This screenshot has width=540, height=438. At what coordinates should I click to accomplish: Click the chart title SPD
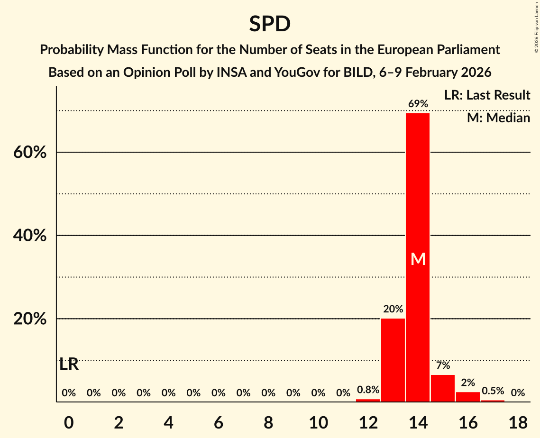tap(270, 24)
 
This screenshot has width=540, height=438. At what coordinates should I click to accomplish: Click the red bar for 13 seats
tap(393, 360)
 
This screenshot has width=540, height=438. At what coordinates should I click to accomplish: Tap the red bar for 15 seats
tap(443, 388)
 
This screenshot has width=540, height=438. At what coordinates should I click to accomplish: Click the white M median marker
tap(418, 259)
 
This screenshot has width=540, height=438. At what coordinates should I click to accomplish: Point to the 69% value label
tap(418, 104)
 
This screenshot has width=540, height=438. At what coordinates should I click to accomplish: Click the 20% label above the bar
tap(393, 309)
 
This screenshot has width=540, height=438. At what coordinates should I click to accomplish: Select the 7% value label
tap(443, 365)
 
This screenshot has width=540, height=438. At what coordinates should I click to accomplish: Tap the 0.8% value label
tap(368, 390)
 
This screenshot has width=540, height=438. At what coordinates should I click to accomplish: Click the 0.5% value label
tap(493, 391)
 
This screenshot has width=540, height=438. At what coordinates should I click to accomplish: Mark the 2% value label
tap(467, 383)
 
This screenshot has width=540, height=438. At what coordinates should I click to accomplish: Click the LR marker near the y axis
tap(69, 365)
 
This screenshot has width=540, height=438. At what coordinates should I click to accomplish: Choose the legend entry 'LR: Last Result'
tap(487, 95)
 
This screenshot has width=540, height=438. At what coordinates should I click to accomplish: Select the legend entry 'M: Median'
tap(498, 118)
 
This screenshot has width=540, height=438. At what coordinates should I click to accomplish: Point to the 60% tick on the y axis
tap(29, 153)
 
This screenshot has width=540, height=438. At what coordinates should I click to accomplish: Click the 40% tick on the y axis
tap(29, 236)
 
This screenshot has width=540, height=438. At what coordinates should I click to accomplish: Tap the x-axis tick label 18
tap(518, 421)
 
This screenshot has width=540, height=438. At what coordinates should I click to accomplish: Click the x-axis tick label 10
tap(318, 421)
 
